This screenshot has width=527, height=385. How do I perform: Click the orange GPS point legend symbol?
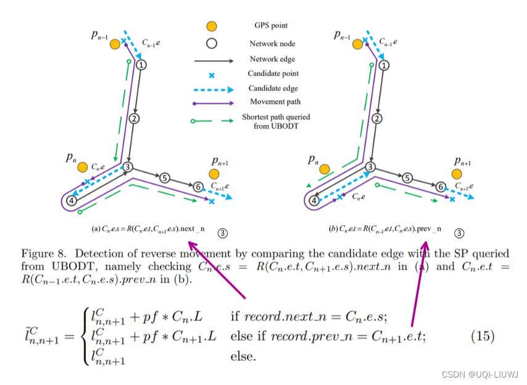point(212,27)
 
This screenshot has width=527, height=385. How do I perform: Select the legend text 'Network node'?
point(272,44)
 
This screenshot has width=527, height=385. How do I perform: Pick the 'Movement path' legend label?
point(272,101)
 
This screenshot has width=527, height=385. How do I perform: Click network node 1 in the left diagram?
point(141,64)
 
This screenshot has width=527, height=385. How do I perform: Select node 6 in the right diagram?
point(440,187)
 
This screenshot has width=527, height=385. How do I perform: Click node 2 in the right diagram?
point(377,119)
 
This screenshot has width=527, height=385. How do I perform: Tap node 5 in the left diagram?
point(164,178)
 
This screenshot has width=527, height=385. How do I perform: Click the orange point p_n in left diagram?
point(82,167)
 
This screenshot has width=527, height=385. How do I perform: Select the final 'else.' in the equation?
point(243,357)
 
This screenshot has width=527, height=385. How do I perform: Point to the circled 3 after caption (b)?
point(459,233)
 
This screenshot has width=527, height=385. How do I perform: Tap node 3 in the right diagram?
point(370,167)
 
